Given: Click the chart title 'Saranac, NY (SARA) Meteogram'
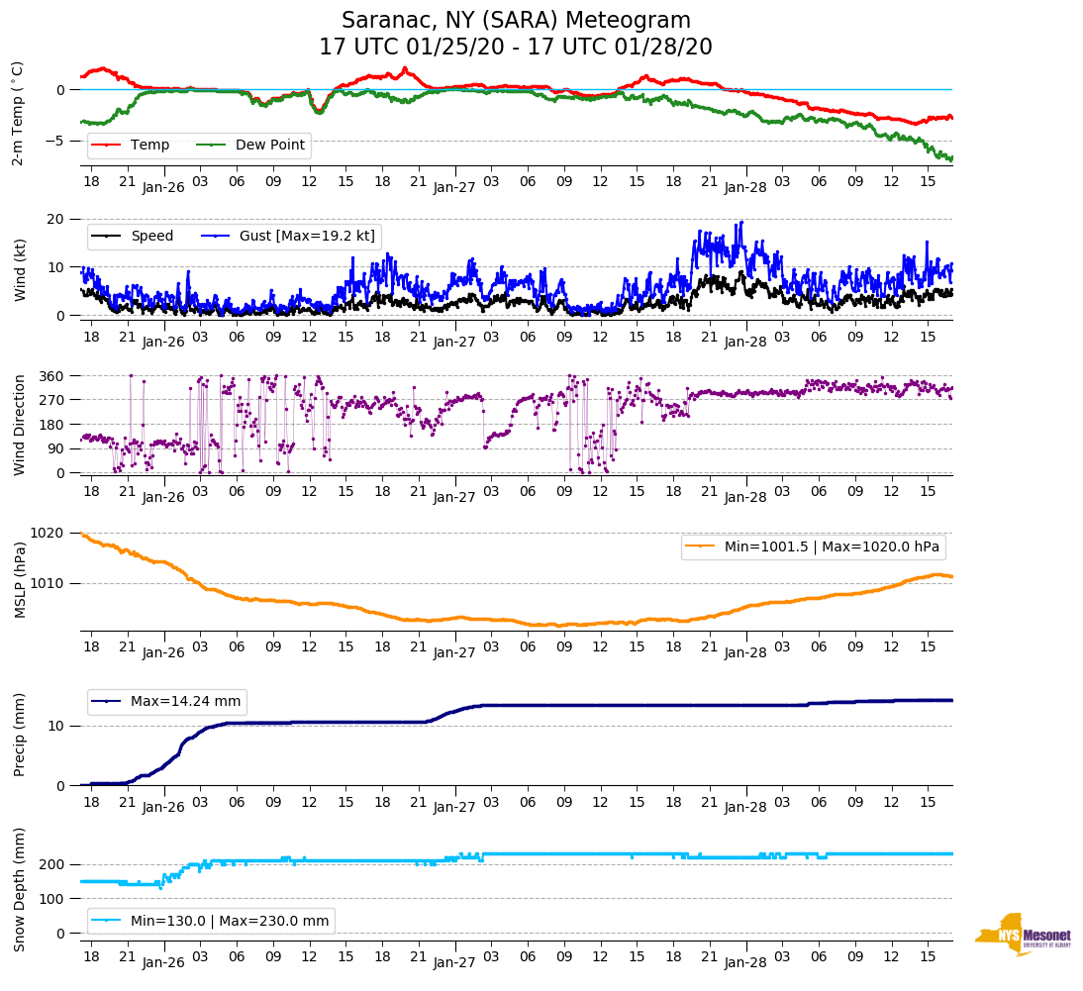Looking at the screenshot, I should click(x=516, y=21).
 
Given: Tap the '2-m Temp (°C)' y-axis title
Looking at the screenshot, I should click(x=18, y=113).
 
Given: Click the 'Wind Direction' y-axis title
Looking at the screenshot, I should click(x=20, y=425).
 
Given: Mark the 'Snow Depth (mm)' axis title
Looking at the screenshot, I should click(x=20, y=888).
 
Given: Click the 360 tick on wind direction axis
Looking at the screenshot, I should click(x=52, y=376).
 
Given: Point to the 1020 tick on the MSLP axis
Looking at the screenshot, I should click(x=49, y=534).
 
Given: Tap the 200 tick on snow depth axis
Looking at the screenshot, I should click(x=52, y=865).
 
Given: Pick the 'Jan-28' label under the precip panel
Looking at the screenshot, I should click(x=745, y=808).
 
